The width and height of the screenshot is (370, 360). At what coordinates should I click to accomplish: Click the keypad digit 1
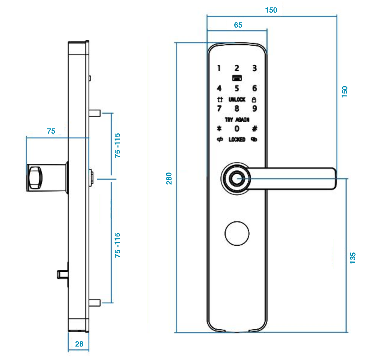pyautogui.click(x=219, y=68)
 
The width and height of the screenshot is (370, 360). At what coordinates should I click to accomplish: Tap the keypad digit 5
pyautogui.click(x=237, y=88)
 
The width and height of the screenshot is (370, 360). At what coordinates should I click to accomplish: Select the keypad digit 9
pyautogui.click(x=254, y=108)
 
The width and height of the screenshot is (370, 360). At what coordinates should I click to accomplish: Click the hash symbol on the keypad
pyautogui.click(x=254, y=129)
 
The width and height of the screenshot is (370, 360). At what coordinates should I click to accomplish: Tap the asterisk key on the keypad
pyautogui.click(x=219, y=129)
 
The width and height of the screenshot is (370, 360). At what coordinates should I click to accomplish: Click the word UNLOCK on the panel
pyautogui.click(x=237, y=99)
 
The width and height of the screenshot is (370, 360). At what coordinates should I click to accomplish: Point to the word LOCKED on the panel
pyautogui.click(x=237, y=140)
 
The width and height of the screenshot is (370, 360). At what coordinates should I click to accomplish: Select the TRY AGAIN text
pyautogui.click(x=237, y=120)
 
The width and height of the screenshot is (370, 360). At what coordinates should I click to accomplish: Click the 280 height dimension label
pyautogui.click(x=169, y=179)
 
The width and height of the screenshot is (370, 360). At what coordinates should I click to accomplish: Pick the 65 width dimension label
pyautogui.click(x=238, y=25)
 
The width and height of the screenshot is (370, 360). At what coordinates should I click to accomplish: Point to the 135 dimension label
pyautogui.click(x=353, y=258)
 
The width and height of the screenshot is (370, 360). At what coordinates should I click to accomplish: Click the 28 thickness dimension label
pyautogui.click(x=79, y=344)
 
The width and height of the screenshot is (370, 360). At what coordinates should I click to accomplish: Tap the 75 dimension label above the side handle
pyautogui.click(x=51, y=131)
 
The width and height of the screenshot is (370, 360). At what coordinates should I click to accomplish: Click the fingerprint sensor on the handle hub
pyautogui.click(x=237, y=179)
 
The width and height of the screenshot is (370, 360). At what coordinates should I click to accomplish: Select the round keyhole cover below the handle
pyautogui.click(x=237, y=234)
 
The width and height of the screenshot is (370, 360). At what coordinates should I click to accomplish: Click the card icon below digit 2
pyautogui.click(x=237, y=78)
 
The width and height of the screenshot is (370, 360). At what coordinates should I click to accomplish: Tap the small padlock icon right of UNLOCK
pyautogui.click(x=254, y=99)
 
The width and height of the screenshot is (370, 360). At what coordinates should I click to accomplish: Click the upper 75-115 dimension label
pyautogui.click(x=118, y=146)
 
